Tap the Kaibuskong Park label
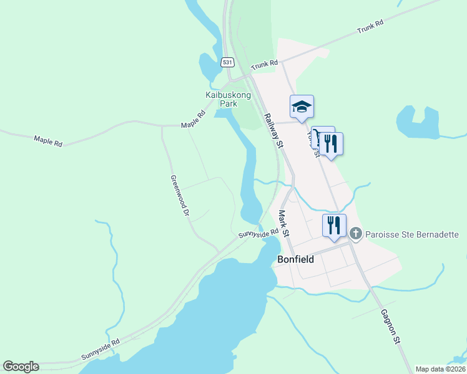228,99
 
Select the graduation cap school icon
302,107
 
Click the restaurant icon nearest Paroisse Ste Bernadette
334,225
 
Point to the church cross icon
356,234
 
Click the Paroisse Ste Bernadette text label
412,234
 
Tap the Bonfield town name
295,259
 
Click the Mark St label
283,223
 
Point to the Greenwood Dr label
179,195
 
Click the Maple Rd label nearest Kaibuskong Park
194,120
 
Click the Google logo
21,367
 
